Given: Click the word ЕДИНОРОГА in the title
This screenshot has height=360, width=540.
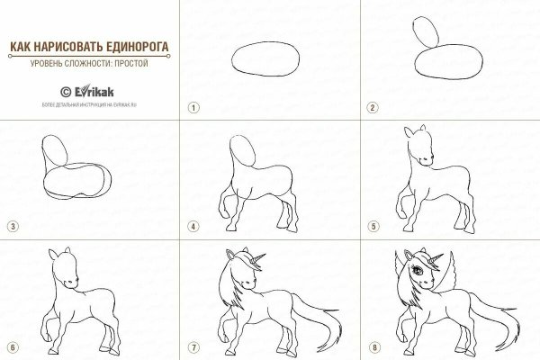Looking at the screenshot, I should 139,46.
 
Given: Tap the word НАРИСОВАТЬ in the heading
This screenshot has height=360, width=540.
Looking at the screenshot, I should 67,46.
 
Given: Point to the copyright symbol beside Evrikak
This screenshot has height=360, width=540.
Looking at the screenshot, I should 65,90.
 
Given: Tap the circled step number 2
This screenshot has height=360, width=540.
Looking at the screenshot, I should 371,106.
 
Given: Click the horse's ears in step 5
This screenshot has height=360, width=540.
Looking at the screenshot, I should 413,133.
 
